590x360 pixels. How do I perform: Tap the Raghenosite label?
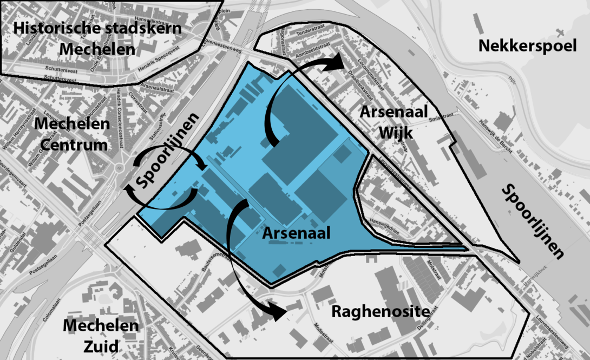pyautogui.click(x=381, y=312)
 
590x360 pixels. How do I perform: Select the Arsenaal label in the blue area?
pyautogui.click(x=296, y=233)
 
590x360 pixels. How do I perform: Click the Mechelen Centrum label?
pyautogui.click(x=71, y=135)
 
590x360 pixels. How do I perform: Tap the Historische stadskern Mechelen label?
pyautogui.click(x=97, y=38)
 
